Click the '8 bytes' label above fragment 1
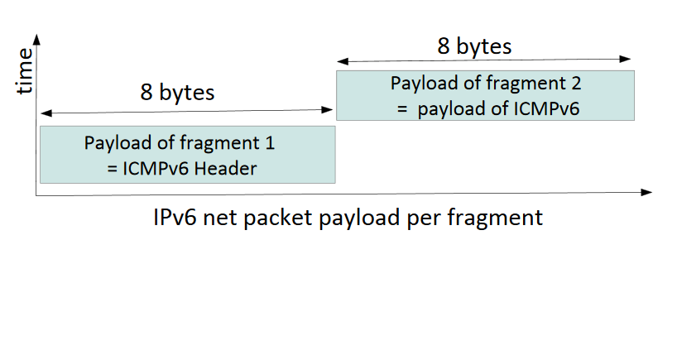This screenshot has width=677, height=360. tap(176, 92)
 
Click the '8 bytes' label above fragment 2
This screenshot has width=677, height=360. tap(474, 46)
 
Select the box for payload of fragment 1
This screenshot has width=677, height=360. tap(187, 154)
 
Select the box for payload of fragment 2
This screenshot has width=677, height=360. tap(485, 95)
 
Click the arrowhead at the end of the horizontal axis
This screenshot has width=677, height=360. tap(647, 193)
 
